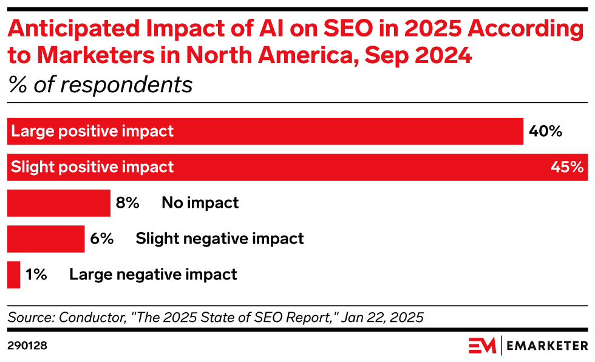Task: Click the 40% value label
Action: [545, 131]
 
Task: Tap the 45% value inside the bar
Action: [567, 167]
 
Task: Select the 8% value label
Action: [127, 203]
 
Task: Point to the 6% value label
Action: [102, 239]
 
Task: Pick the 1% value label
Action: [36, 275]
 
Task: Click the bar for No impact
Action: [59, 203]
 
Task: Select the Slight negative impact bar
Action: [46, 239]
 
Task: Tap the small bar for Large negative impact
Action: [13, 275]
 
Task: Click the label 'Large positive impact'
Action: [92, 131]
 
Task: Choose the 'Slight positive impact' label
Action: [92, 167]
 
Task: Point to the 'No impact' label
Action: [200, 203]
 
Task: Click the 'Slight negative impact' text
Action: [220, 239]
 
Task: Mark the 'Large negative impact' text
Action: [153, 275]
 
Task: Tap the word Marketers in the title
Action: [96, 55]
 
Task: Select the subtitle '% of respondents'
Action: [101, 85]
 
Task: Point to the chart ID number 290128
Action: [27, 346]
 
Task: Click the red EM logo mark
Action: [482, 346]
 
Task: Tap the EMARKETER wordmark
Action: [547, 346]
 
